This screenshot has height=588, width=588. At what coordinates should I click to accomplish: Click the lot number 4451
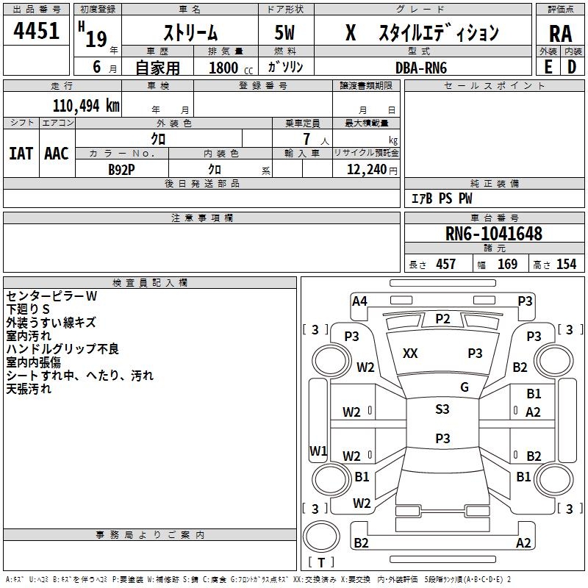pos(37,33)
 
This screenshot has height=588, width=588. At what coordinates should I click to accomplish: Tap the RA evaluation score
pos(560,35)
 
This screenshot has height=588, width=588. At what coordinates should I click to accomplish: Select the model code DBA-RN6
pos(421,68)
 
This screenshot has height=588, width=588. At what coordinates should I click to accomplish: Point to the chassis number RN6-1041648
pos(494,234)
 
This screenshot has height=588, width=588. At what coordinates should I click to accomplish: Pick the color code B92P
pos(122,168)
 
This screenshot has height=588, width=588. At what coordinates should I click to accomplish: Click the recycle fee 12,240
pos(365,168)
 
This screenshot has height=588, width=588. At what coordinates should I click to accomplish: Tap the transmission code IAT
pos(21,153)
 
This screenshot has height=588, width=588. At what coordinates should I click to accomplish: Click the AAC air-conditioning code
pos(57,153)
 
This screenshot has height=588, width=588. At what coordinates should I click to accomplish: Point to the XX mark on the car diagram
pos(410,354)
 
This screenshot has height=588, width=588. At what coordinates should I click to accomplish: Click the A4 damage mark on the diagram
pos(359,301)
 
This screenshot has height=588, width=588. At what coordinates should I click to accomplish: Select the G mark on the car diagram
pos(465,387)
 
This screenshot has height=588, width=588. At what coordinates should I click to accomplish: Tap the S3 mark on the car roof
pos(442,409)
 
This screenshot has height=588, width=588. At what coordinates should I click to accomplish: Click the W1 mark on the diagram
pos(318,450)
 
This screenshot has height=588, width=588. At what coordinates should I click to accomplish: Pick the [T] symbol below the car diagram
pos(321,563)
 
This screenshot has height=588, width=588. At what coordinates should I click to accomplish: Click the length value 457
pos(445,265)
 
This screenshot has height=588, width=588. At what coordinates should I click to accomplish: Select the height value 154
pos(566,265)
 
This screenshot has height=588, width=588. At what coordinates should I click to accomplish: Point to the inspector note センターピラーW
pos(51,296)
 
